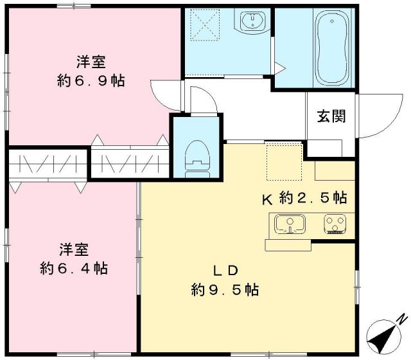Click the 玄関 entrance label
[x=331, y=116]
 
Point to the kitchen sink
[x=291, y=224]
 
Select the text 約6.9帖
[x=90, y=81]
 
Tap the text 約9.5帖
[x=225, y=289]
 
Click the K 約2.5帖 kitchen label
[x=304, y=198]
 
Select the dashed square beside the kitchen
[x=283, y=163]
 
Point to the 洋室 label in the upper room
[x=91, y=62]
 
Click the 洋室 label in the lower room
[x=74, y=248]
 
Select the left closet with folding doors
[x=46, y=166]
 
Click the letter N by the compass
[x=402, y=318]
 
